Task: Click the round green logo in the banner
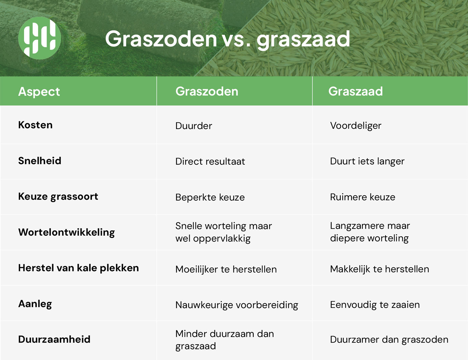coord(40,38)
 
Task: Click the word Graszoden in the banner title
coord(161,39)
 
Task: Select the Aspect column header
coord(39,92)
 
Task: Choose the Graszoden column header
coord(207,91)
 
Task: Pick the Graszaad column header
coord(356,91)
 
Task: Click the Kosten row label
coord(35,125)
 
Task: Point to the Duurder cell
coord(194,126)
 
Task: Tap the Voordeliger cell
coord(356,126)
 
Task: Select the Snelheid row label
coord(40,161)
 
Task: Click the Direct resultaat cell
coord(210,161)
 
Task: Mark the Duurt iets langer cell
coord(367,161)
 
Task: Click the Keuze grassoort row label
coord(58,197)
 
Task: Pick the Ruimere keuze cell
coord(363,197)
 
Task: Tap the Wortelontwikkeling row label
coord(67,233)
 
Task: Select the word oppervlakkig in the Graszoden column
coord(222,239)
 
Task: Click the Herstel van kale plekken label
coord(79,268)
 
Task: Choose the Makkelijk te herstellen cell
coord(379,269)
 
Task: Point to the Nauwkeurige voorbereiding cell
coord(237,305)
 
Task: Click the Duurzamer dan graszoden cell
coord(389,340)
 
